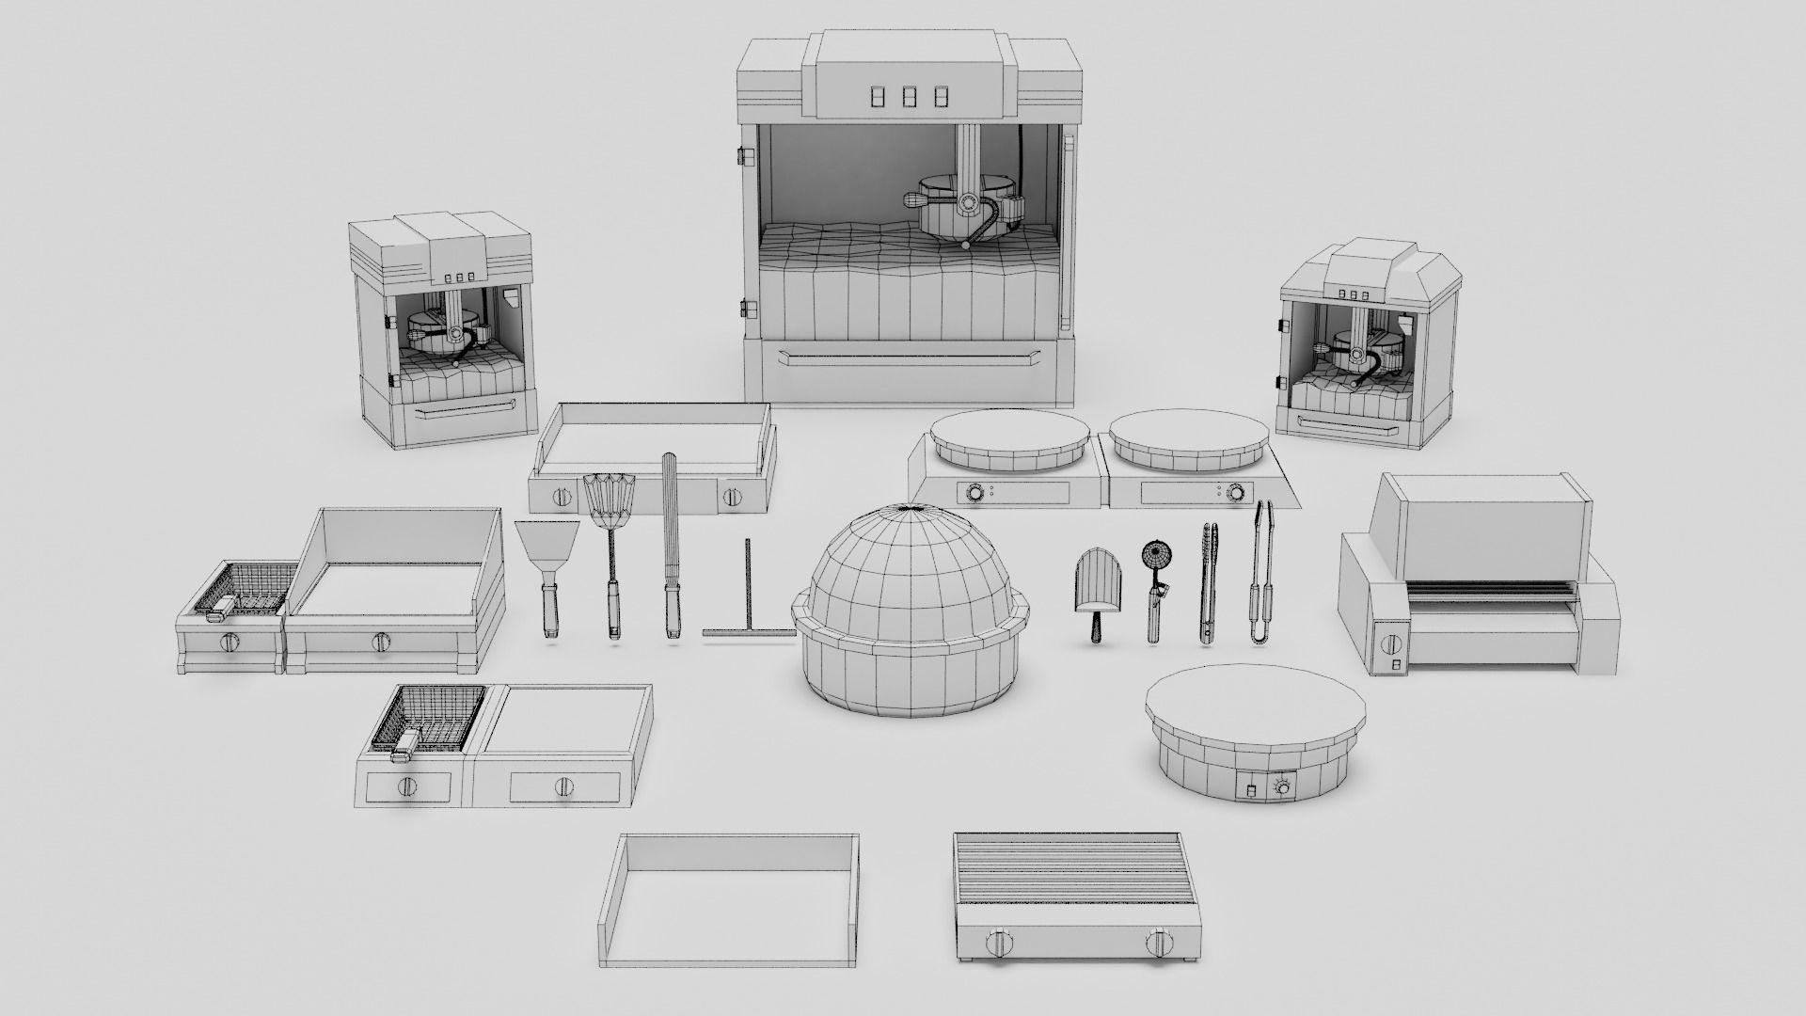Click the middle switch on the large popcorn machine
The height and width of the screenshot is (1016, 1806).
tap(910, 98)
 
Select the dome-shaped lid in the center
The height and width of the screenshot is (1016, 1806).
tap(908, 583)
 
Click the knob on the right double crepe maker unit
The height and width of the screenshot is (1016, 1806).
tap(1234, 491)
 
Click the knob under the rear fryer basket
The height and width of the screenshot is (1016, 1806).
tap(230, 643)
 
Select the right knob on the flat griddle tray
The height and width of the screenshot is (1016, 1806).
tap(734, 498)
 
